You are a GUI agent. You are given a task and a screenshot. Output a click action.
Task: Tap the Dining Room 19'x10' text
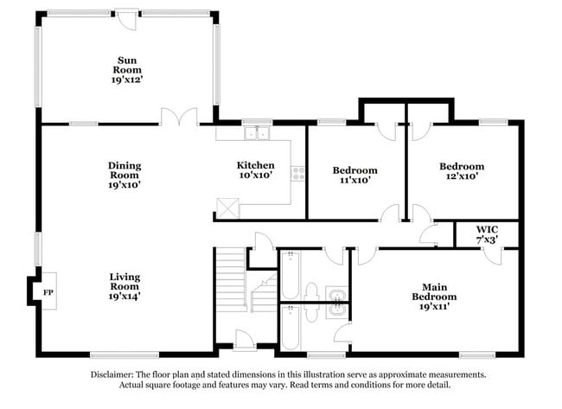(x=125, y=175)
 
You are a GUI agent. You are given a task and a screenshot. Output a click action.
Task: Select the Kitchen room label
(x=256, y=170)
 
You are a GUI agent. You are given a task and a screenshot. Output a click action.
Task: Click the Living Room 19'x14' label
(x=125, y=286)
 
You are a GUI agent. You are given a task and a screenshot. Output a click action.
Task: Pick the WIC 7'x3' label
(x=489, y=234)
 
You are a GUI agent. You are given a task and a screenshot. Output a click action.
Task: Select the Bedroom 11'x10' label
(x=355, y=176)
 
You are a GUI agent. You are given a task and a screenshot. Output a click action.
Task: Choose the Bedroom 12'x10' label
(x=461, y=171)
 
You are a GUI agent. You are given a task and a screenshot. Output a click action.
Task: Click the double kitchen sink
(x=256, y=133)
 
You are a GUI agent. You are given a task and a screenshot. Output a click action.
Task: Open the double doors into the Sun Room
(x=179, y=118)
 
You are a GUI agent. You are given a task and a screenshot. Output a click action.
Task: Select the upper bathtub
(x=290, y=274)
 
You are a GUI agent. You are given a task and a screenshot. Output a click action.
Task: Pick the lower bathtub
(x=290, y=329)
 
